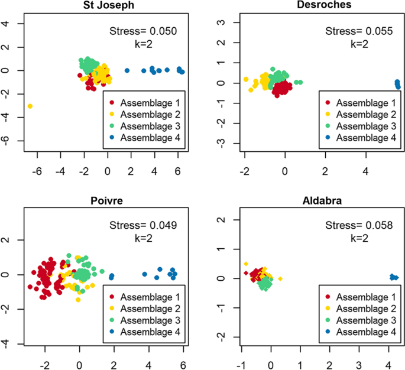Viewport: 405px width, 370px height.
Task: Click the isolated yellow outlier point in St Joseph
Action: tap(30, 106)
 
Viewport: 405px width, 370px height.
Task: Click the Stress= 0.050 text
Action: tap(144, 31)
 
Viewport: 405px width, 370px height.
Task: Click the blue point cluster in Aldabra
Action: tap(393, 277)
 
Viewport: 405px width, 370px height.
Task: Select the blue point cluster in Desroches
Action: tap(397, 85)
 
